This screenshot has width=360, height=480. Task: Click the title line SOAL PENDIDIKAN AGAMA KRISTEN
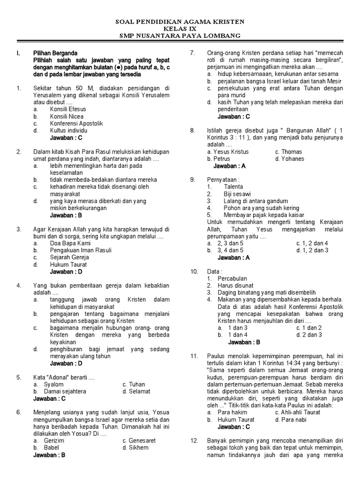pos(180,22)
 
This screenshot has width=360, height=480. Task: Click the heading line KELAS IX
pos(180,29)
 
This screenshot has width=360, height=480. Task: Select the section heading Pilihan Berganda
pos(55,53)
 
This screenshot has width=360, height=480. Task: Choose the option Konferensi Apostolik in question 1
pos(76,123)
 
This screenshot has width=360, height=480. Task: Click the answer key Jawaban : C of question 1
pos(66,138)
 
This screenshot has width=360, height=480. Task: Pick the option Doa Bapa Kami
pos(70,243)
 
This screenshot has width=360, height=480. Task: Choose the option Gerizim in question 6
pos(54,441)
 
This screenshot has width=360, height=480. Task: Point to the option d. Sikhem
pos(135,448)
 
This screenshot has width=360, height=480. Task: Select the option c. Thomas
pos(288,152)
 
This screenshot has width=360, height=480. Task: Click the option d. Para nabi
pos(290,420)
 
